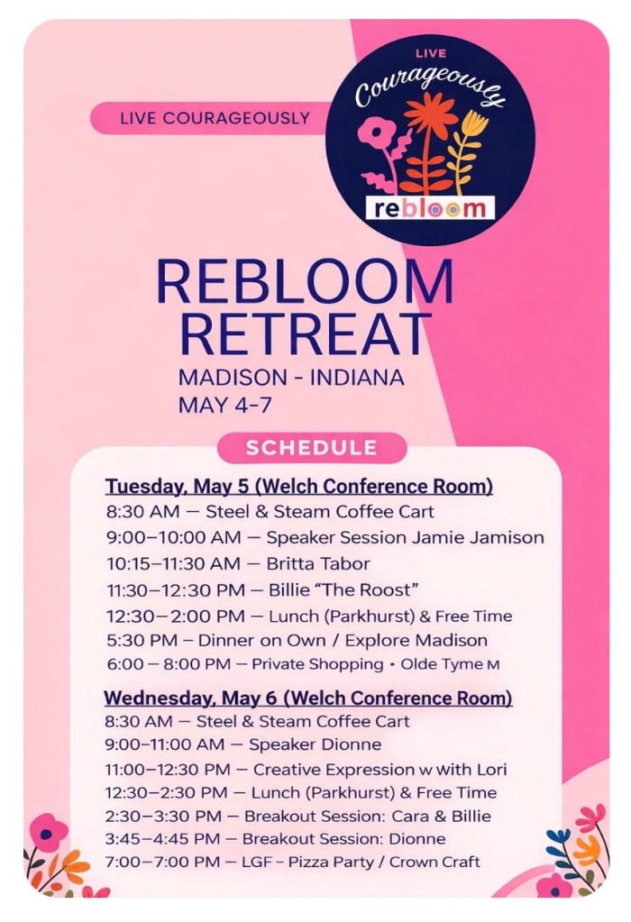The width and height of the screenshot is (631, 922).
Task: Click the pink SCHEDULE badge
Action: pyautogui.click(x=312, y=448)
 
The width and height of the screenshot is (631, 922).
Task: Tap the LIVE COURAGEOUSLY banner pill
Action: pyautogui.click(x=213, y=117)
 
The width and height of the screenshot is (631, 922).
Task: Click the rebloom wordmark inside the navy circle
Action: pyautogui.click(x=430, y=208)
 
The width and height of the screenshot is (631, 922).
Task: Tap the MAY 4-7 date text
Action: pyautogui.click(x=224, y=406)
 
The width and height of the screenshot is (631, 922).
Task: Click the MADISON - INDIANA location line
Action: pyautogui.click(x=291, y=378)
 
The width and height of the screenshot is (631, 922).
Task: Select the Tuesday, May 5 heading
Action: pyautogui.click(x=298, y=487)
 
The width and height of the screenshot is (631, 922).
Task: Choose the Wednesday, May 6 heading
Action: pyautogui.click(x=308, y=698)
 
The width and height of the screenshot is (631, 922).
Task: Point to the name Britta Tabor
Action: pyautogui.click(x=318, y=564)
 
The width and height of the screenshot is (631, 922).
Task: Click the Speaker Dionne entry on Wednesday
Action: pyautogui.click(x=315, y=744)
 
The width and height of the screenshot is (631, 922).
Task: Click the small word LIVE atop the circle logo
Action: pyautogui.click(x=431, y=53)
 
